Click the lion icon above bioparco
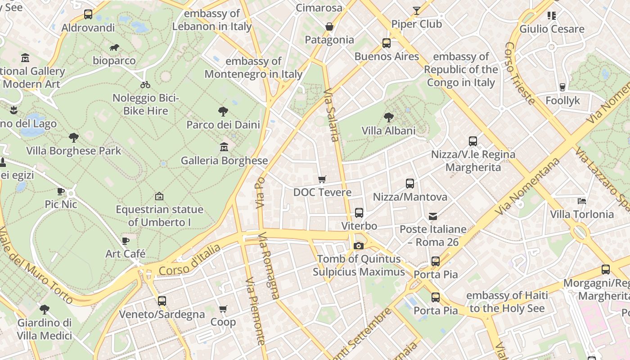(x=114, y=48)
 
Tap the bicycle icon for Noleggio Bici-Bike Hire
(x=145, y=85)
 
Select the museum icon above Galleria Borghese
(x=224, y=147)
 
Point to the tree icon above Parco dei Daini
(x=223, y=111)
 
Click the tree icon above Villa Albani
(x=389, y=117)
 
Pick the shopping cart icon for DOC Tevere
(x=322, y=180)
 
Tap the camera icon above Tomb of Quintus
(x=359, y=246)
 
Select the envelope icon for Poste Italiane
(x=433, y=216)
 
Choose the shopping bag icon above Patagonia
(x=329, y=27)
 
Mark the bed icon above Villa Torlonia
(x=582, y=201)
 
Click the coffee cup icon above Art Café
(x=126, y=241)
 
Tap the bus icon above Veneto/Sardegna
(x=162, y=301)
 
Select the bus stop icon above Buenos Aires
(x=387, y=43)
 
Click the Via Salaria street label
(x=331, y=115)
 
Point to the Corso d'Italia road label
(x=189, y=261)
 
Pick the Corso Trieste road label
(x=519, y=73)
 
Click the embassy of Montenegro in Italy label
(x=253, y=67)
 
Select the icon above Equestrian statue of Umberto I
(x=159, y=196)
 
